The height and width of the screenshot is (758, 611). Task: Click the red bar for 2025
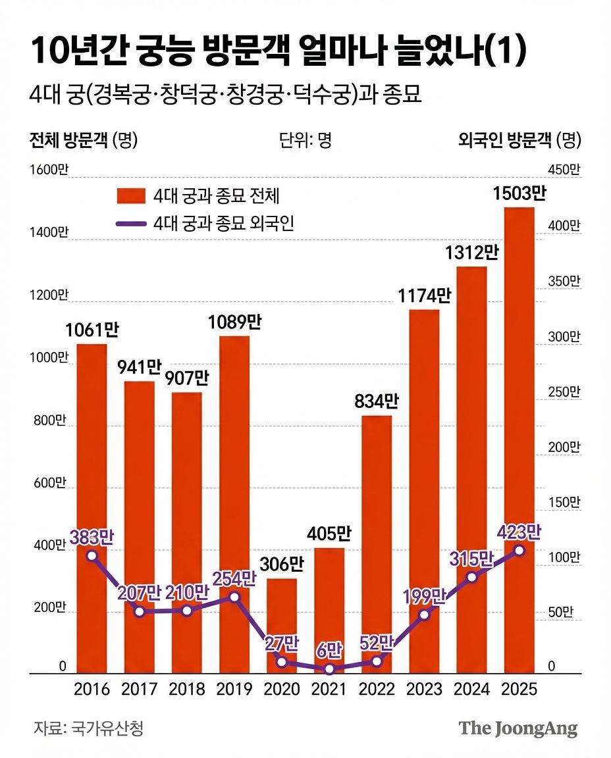519,440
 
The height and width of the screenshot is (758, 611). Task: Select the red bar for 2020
282,626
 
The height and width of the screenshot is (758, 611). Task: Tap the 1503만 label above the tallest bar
520,193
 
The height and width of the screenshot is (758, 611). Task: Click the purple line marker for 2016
92,555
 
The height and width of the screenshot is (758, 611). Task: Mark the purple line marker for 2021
329,669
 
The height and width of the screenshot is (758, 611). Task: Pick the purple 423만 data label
520,532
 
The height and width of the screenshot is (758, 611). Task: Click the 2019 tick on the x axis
234,689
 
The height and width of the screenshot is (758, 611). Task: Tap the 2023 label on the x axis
425,689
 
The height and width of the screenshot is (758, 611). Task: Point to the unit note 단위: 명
305,139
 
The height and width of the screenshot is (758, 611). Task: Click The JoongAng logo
518,728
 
